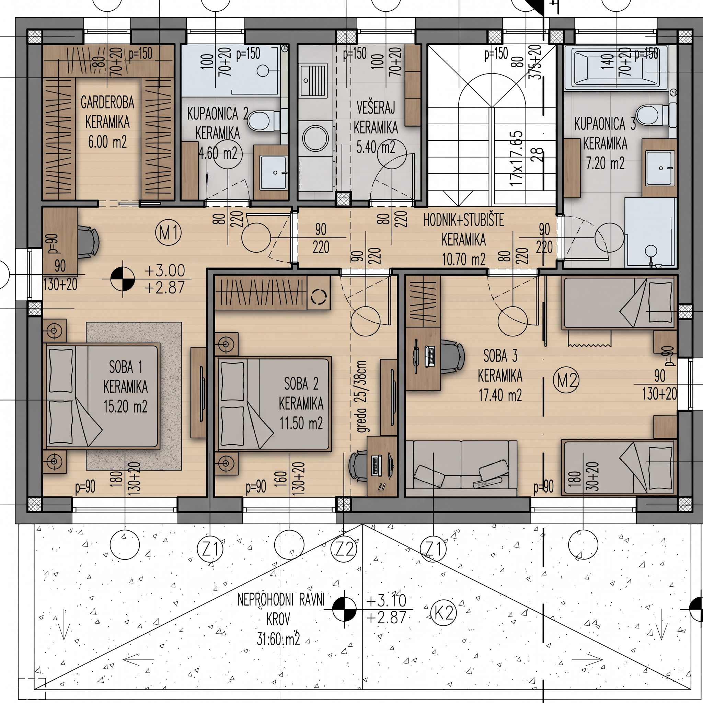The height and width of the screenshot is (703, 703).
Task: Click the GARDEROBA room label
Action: click(x=107, y=103)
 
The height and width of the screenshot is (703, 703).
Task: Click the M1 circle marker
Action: click(x=169, y=232)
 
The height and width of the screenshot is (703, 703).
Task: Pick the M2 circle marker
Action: click(x=566, y=381)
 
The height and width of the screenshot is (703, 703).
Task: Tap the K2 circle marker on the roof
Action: click(x=443, y=624)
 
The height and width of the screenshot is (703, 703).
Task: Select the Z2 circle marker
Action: click(x=345, y=549)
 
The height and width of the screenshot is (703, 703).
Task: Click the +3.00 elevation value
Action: click(x=165, y=271)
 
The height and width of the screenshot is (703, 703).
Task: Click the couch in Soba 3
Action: click(x=461, y=469)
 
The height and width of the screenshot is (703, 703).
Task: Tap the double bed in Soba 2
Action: click(x=274, y=404)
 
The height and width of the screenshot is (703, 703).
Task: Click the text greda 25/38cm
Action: click(x=363, y=396)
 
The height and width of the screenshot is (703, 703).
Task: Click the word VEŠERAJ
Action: click(x=376, y=108)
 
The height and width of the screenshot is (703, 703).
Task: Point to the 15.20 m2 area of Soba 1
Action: click(x=126, y=406)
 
